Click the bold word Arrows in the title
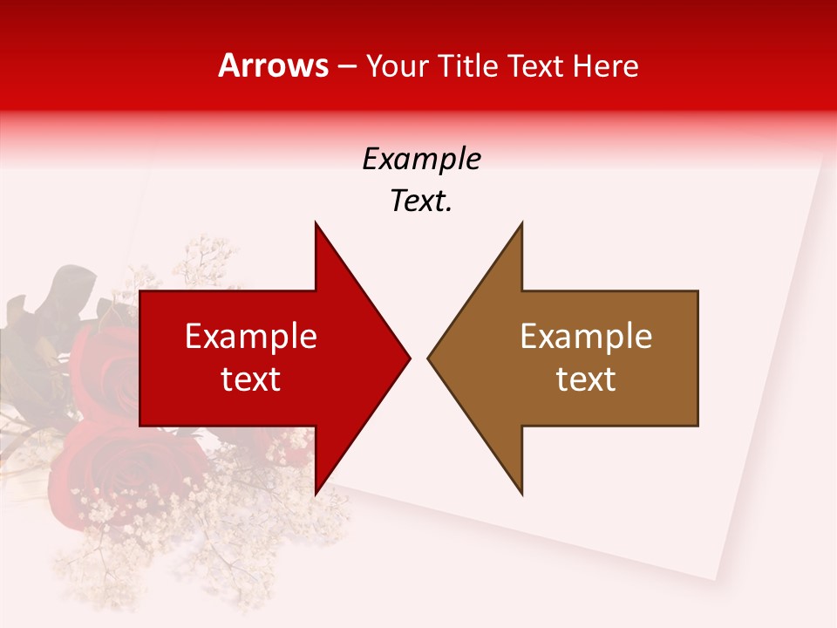click(x=273, y=65)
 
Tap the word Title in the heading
click(x=467, y=66)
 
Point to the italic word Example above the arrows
click(x=422, y=160)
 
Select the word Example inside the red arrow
click(x=251, y=336)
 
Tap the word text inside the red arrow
click(x=251, y=379)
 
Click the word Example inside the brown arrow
click(x=586, y=336)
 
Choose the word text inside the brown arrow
click(x=586, y=379)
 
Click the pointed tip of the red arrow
click(x=409, y=358)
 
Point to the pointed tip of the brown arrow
click(x=429, y=358)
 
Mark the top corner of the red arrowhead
click(x=316, y=223)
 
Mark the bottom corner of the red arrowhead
click(x=316, y=494)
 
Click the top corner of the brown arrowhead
click(x=521, y=223)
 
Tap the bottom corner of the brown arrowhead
click(x=521, y=494)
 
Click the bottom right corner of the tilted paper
click(x=716, y=580)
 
